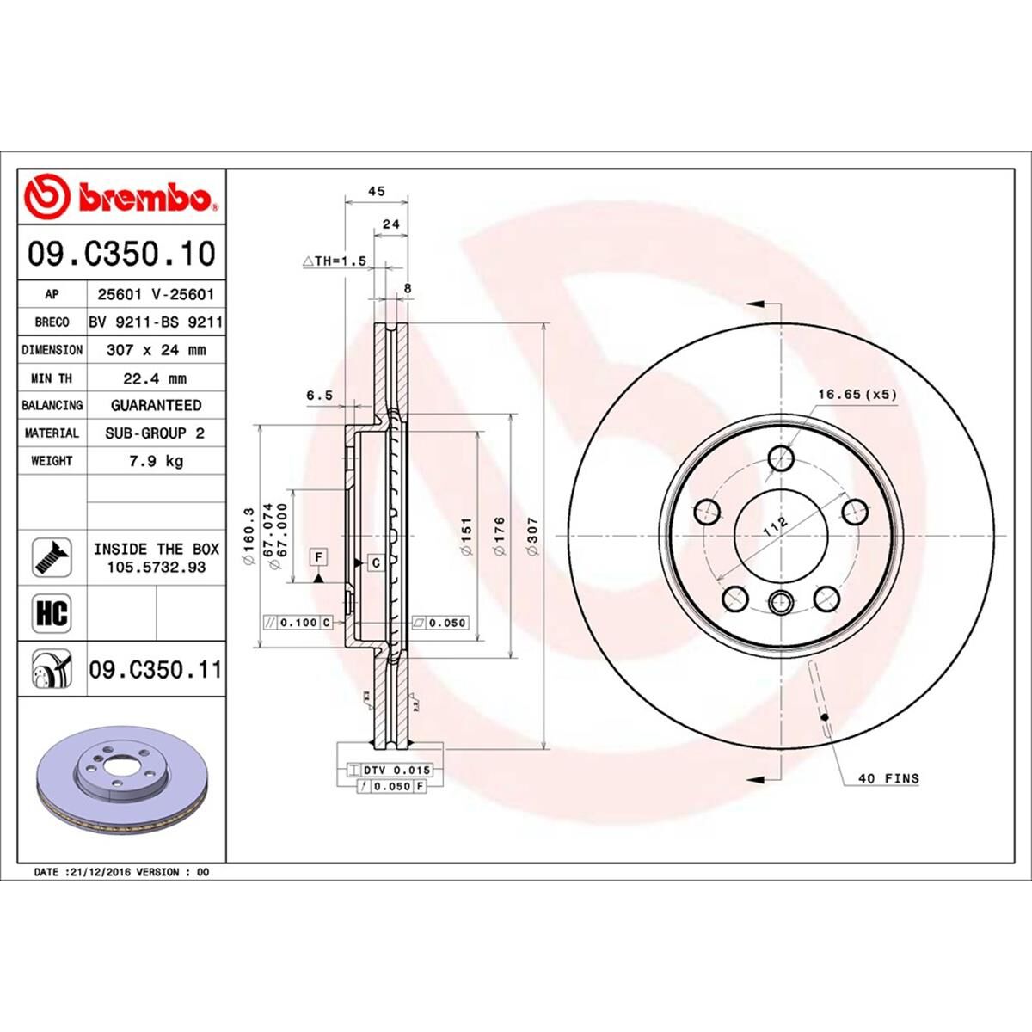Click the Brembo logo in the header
point(120,197)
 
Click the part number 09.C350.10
point(121,254)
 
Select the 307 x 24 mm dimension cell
point(156,350)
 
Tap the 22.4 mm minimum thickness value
point(156,378)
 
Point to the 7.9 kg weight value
point(156,461)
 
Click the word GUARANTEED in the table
point(156,405)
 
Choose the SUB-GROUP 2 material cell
point(156,433)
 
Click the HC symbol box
point(52,613)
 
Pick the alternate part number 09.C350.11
point(156,668)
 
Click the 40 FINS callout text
point(888,778)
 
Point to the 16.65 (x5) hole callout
point(857,394)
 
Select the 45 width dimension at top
point(376,191)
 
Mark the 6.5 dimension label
point(319,396)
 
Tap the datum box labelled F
point(319,557)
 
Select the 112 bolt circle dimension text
point(776,525)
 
